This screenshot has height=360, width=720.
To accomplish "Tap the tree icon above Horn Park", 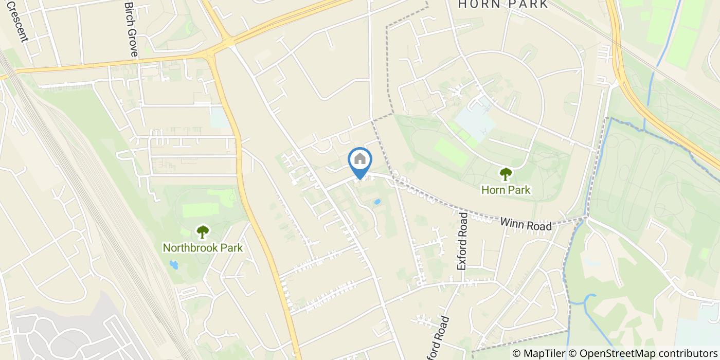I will [506, 174].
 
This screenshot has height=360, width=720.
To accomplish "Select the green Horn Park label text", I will [506, 190].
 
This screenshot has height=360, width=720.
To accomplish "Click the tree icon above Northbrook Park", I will [203, 231].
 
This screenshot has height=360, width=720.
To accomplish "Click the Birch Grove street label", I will [132, 29].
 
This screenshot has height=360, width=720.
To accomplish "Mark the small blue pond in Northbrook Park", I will [173, 265].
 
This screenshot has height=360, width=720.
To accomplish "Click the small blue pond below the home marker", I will [377, 202].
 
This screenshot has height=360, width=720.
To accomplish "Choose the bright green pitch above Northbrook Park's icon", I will [201, 210].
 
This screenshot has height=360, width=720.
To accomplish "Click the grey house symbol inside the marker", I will [360, 159].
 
